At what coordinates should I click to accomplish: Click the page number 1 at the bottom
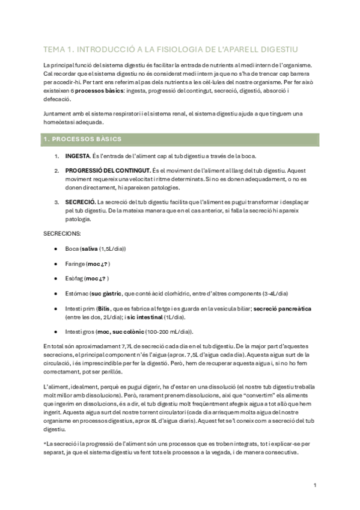pos(315,485)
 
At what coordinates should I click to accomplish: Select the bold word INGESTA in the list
pos(79,156)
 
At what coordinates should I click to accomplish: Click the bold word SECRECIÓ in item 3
pos(80,202)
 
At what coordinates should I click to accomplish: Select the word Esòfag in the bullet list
pos(76,278)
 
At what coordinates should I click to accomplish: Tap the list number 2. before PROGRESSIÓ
pos(56,171)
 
